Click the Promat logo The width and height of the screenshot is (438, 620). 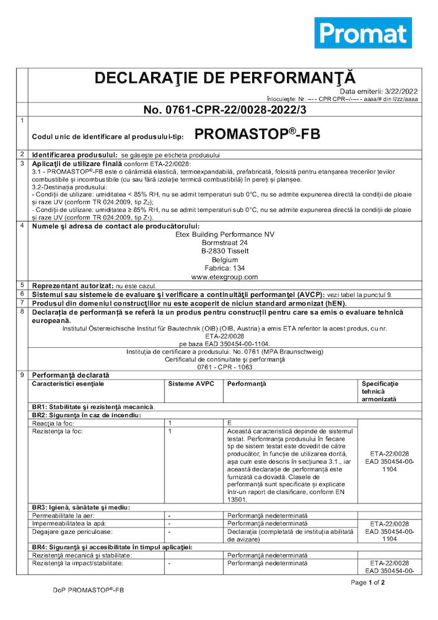[x=363, y=33]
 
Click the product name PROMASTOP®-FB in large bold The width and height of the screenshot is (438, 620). [x=257, y=135]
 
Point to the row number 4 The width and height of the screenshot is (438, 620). [x=22, y=225]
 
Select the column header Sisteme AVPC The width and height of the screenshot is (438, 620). [x=191, y=384]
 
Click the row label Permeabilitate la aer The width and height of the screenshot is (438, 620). [x=65, y=515]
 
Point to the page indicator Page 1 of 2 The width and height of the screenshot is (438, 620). [x=368, y=582]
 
